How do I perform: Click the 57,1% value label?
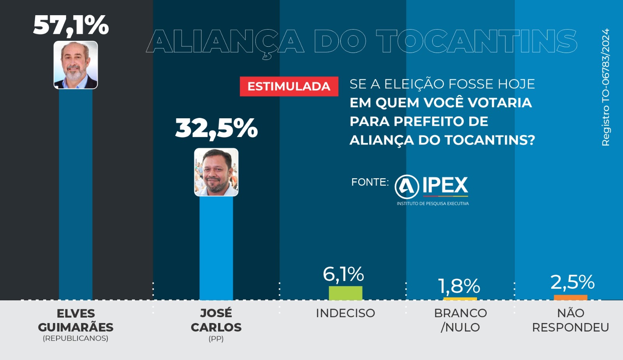(x=71, y=25)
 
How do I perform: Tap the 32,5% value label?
(x=216, y=128)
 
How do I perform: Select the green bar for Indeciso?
(x=345, y=293)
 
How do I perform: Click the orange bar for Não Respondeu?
(x=570, y=298)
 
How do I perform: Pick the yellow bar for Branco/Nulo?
(x=460, y=299)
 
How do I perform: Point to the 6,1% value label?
(x=343, y=274)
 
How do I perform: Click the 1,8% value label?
(x=459, y=286)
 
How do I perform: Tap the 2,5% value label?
(x=572, y=282)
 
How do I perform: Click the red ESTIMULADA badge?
(x=289, y=86)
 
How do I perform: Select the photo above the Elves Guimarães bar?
(x=76, y=65)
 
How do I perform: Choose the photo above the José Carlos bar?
(x=216, y=172)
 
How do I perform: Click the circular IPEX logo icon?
(x=407, y=186)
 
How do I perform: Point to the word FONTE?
(x=370, y=182)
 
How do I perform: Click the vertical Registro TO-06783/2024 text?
(x=605, y=88)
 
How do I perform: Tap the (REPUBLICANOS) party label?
(x=76, y=338)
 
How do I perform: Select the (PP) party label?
(x=216, y=339)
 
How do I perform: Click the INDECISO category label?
(x=345, y=313)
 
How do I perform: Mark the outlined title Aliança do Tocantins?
(x=362, y=41)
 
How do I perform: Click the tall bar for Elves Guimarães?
(x=76, y=195)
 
